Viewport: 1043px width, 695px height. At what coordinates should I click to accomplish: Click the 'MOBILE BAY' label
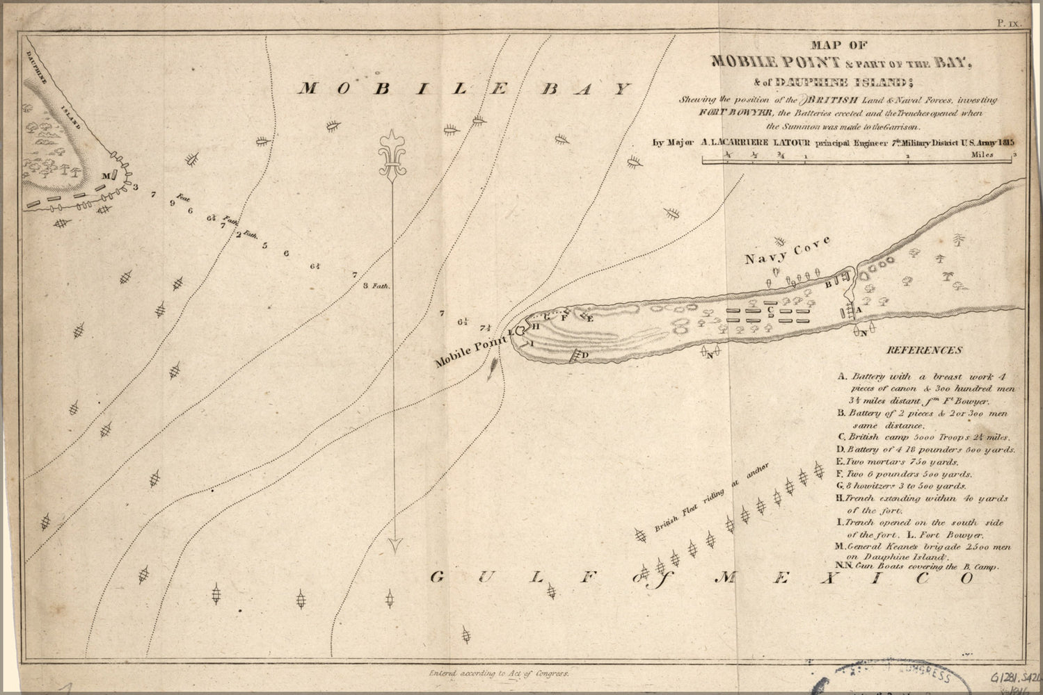tap(465, 89)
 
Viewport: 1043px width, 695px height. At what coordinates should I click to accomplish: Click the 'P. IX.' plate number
tap(1009, 23)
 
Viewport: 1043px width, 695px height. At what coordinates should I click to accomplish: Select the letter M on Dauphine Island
tap(105, 176)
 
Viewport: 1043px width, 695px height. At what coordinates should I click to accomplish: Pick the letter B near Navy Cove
tap(829, 284)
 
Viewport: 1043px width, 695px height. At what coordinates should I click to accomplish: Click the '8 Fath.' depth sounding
tap(379, 286)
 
